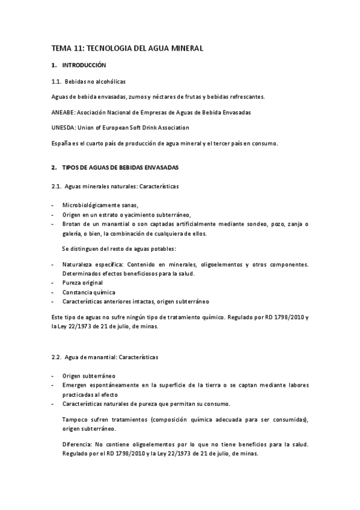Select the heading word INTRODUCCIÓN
[84, 64]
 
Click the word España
[61, 143]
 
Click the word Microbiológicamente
[91, 205]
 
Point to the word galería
[73, 234]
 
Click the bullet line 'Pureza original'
[82, 282]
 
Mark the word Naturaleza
[78, 263]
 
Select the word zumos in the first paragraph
[135, 96]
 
